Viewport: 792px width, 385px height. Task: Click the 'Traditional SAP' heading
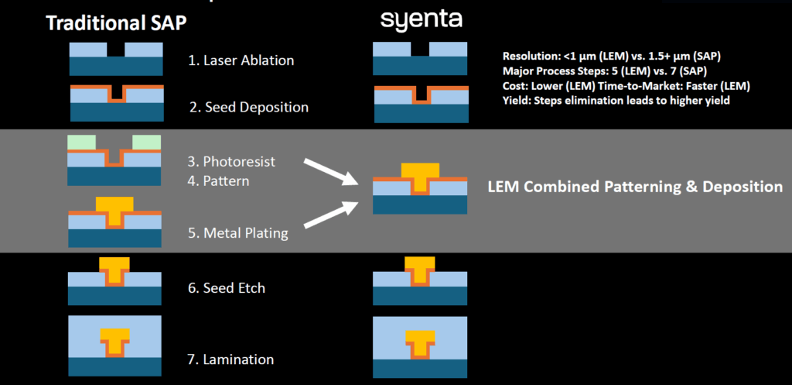pyautogui.click(x=116, y=24)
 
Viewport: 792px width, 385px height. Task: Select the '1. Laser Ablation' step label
pyautogui.click(x=241, y=60)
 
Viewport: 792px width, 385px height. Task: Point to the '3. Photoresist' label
pyautogui.click(x=231, y=162)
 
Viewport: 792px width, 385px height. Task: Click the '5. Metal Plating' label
pyautogui.click(x=237, y=232)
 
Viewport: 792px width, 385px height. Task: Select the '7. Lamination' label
pyautogui.click(x=230, y=359)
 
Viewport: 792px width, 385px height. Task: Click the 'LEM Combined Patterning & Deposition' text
pyautogui.click(x=634, y=187)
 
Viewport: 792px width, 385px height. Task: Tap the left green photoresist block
pyautogui.click(x=82, y=143)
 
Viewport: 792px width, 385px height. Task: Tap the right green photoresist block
pyautogui.click(x=147, y=143)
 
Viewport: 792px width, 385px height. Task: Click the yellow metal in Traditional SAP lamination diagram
pyautogui.click(x=114, y=338)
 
